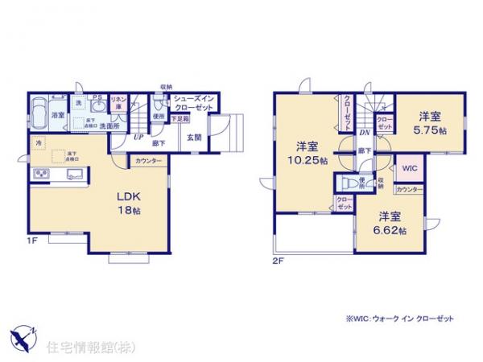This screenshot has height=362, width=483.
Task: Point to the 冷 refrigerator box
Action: pyautogui.click(x=39, y=143)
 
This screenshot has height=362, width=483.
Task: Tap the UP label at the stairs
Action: pyautogui.click(x=138, y=136)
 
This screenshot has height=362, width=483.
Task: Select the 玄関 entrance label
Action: pyautogui.click(x=195, y=136)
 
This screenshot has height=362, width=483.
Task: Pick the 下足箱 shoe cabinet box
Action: pyautogui.click(x=180, y=118)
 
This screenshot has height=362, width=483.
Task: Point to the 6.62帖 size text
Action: pyautogui.click(x=390, y=229)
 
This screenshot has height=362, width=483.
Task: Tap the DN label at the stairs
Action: pyautogui.click(x=364, y=132)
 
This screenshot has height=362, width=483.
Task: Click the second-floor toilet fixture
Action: pyautogui.click(x=347, y=182)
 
